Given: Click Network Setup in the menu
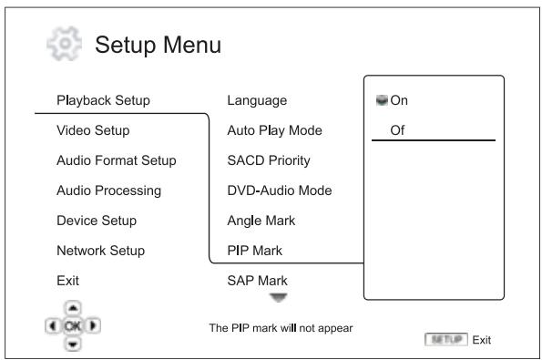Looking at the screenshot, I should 100,250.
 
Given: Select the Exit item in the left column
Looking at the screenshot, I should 68,280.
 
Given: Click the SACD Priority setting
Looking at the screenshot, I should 269,160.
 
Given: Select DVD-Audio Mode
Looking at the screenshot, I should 273,190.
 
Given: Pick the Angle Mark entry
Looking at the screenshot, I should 260,220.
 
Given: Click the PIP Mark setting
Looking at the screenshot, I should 253,250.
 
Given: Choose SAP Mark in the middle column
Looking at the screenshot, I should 255,280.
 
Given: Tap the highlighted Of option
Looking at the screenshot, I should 397,129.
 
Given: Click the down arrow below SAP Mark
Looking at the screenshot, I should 275,295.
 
